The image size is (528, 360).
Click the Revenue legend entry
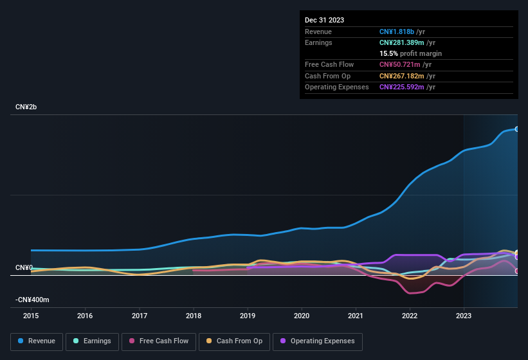click(x=37, y=341)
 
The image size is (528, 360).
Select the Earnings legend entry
click(x=92, y=341)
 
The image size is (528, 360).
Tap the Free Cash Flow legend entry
click(x=159, y=341)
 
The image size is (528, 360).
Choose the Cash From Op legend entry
click(x=235, y=341)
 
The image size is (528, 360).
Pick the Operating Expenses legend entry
click(x=317, y=341)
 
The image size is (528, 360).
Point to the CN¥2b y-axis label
click(x=26, y=107)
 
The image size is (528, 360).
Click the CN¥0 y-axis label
click(x=24, y=267)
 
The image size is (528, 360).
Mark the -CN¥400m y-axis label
click(x=33, y=300)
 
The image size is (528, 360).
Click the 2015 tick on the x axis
click(x=31, y=316)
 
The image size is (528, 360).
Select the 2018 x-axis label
click(x=193, y=316)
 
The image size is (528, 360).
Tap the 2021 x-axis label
click(x=356, y=316)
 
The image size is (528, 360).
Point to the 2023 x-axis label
click(x=464, y=316)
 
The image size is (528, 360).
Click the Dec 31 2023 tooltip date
click(x=325, y=20)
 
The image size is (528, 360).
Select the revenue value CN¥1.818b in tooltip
click(x=397, y=32)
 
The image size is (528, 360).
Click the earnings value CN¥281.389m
click(x=401, y=42)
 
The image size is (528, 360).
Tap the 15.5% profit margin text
click(x=410, y=53)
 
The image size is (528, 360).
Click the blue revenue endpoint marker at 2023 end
click(x=516, y=129)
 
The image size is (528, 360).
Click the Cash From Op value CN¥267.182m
click(x=401, y=76)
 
